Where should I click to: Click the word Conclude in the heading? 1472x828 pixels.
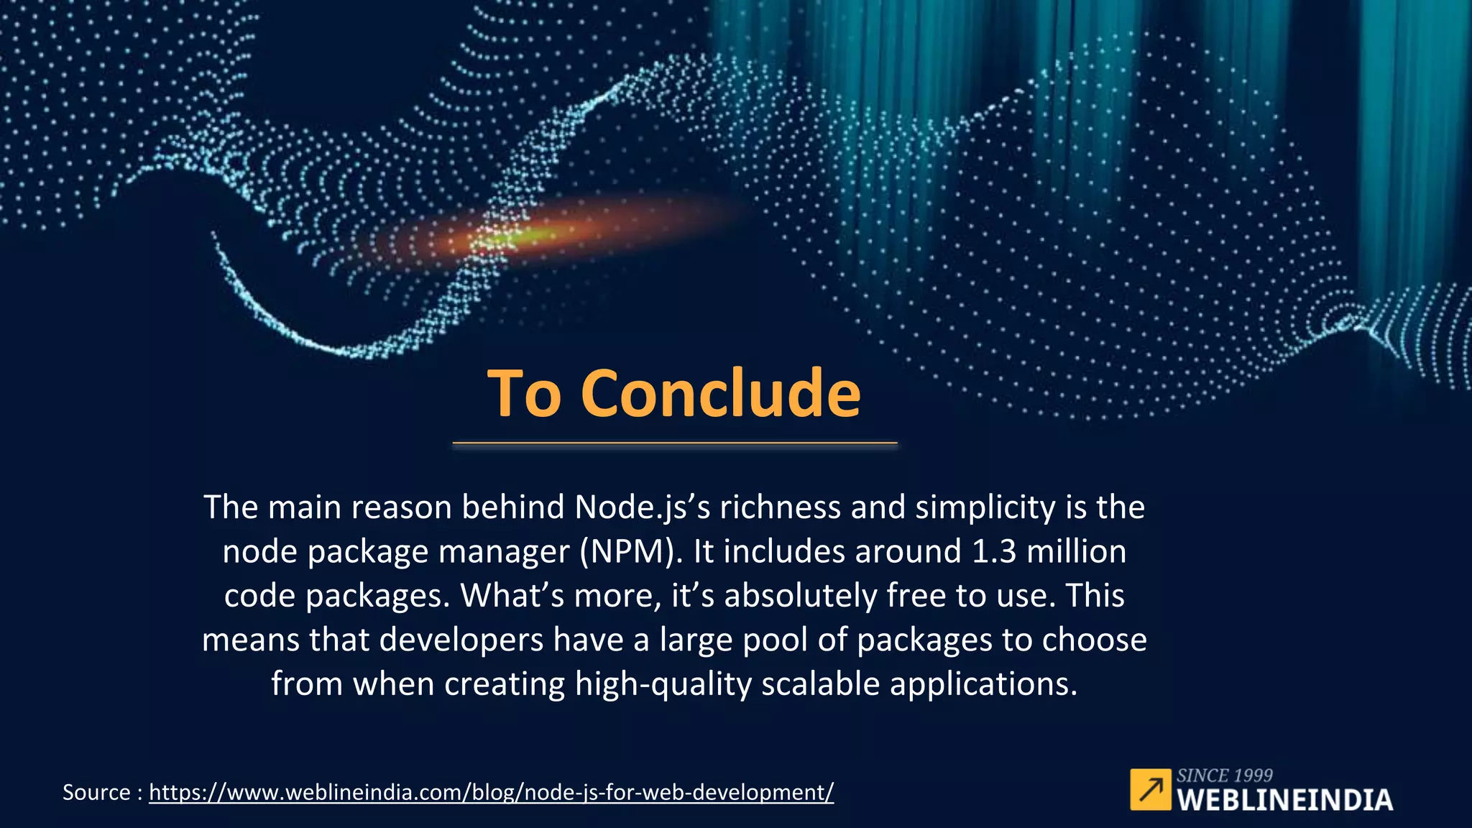720,393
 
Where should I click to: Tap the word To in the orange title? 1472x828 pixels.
524,393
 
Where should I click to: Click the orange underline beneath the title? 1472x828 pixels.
675,443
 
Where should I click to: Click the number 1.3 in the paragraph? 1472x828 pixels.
994,551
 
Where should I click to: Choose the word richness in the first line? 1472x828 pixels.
781,507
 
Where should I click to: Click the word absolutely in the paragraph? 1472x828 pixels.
800,596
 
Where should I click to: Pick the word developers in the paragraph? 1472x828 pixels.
461,640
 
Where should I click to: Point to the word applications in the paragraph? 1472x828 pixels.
984,684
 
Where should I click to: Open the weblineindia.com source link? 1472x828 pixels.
491,792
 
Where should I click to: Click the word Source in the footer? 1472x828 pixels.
96,792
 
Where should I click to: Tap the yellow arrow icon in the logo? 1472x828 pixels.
1150,789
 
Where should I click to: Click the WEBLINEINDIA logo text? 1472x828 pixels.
1285,800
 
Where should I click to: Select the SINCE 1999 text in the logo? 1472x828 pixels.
1225,776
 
